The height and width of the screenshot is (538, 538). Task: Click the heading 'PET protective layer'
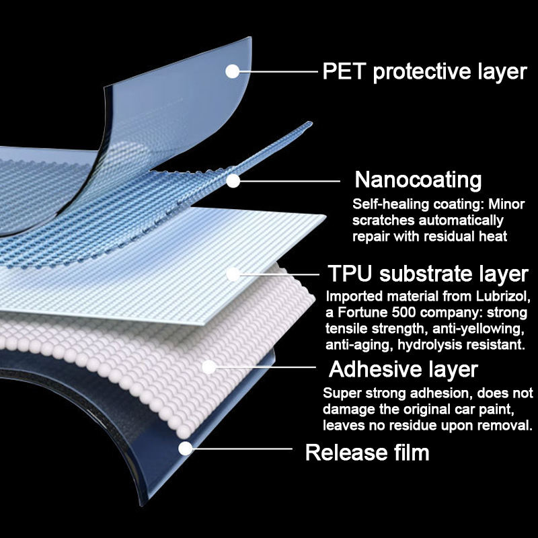[424, 72]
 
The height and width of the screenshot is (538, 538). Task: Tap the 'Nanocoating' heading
[418, 180]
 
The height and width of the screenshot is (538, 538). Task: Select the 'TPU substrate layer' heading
[428, 274]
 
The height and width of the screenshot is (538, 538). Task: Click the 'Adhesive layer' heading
[403, 369]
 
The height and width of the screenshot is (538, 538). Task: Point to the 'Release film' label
[367, 452]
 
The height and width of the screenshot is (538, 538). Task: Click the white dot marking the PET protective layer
[233, 71]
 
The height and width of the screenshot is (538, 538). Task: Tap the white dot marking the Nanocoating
[233, 180]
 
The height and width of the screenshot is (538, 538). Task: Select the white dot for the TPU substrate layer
[233, 274]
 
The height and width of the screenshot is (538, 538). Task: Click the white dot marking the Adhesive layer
[208, 367]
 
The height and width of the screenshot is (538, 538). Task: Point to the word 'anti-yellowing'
[487, 330]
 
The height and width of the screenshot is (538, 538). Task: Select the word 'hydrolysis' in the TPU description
[430, 346]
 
